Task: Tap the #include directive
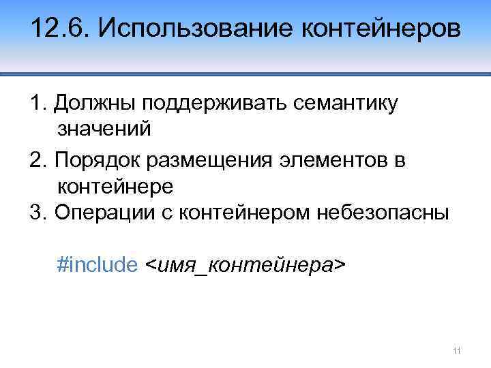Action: pos(98,264)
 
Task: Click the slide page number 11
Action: pos(457,351)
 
